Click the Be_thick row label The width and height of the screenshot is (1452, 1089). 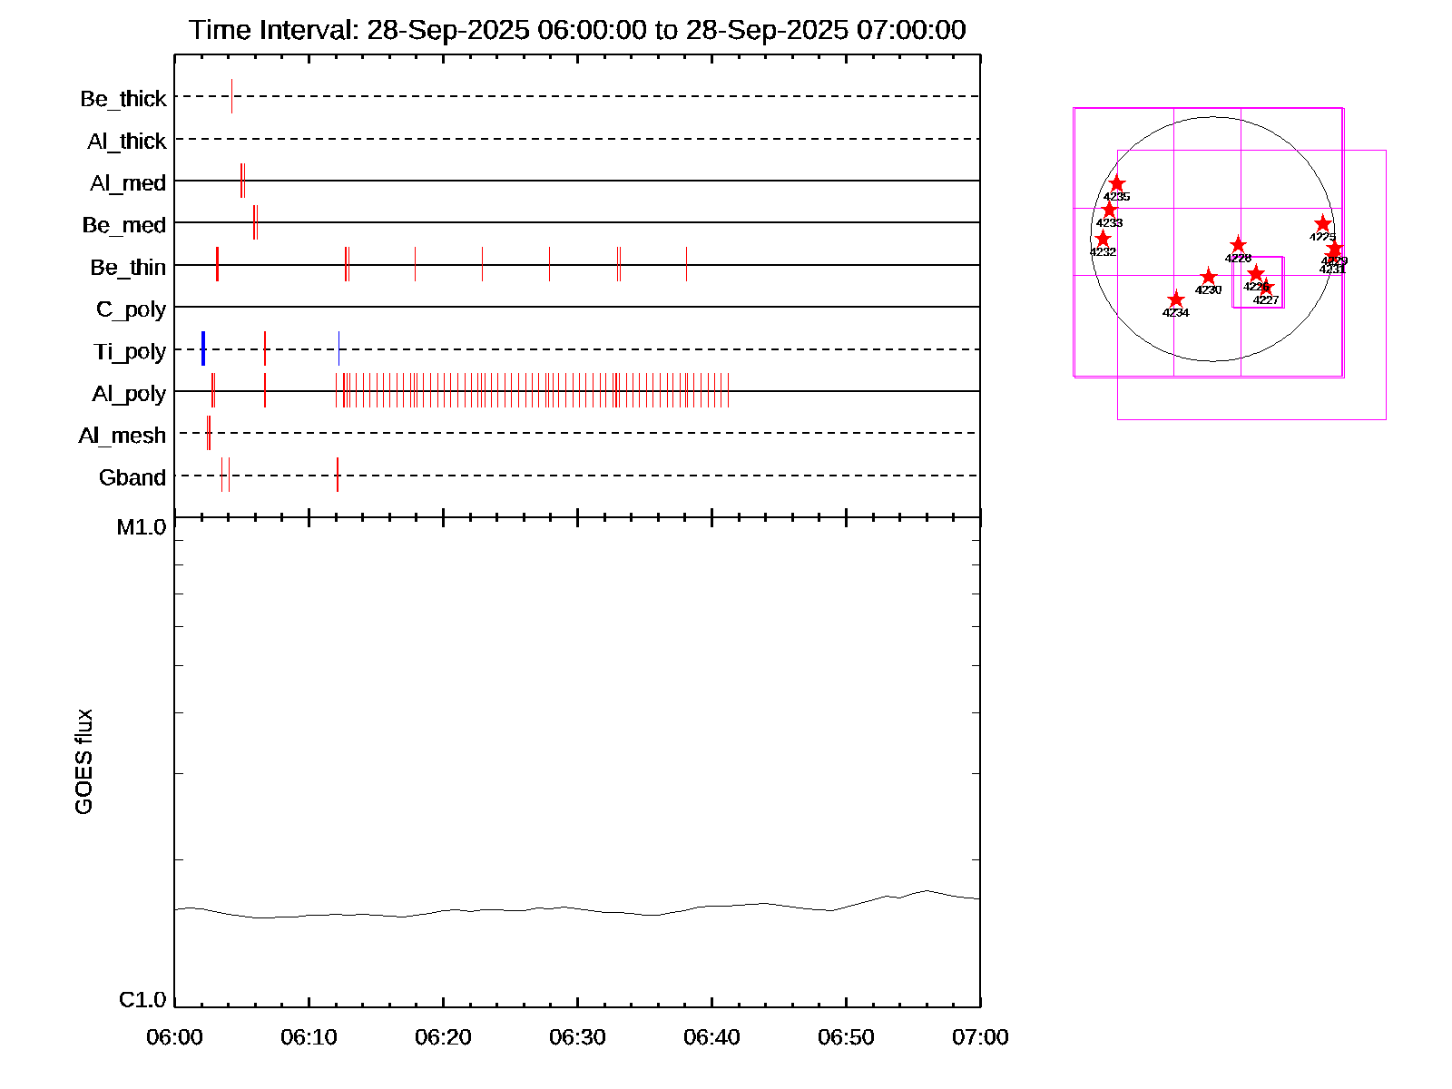[123, 98]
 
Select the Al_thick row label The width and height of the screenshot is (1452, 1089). [127, 141]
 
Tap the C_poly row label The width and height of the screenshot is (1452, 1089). [132, 309]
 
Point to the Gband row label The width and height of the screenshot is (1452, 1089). [132, 477]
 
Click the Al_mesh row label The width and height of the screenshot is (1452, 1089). [123, 436]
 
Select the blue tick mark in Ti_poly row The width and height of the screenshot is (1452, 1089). [203, 348]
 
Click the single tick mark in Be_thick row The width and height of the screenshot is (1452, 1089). [231, 96]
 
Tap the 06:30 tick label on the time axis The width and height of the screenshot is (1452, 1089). [577, 1037]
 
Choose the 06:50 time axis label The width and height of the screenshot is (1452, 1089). [846, 1037]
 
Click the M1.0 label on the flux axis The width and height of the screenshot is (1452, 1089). [142, 527]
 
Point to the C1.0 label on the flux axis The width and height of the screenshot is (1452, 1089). [142, 1000]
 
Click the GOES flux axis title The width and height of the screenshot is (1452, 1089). [83, 761]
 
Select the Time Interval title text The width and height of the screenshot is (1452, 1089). [577, 30]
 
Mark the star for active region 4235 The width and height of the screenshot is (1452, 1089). [1117, 183]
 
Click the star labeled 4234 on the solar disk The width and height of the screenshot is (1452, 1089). [1176, 299]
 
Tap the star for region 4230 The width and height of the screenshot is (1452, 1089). [1208, 277]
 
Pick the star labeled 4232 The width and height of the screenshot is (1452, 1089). [1103, 239]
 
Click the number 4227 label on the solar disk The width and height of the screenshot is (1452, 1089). [1266, 300]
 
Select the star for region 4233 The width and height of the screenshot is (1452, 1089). [1109, 210]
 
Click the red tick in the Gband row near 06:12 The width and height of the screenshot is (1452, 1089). [338, 475]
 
